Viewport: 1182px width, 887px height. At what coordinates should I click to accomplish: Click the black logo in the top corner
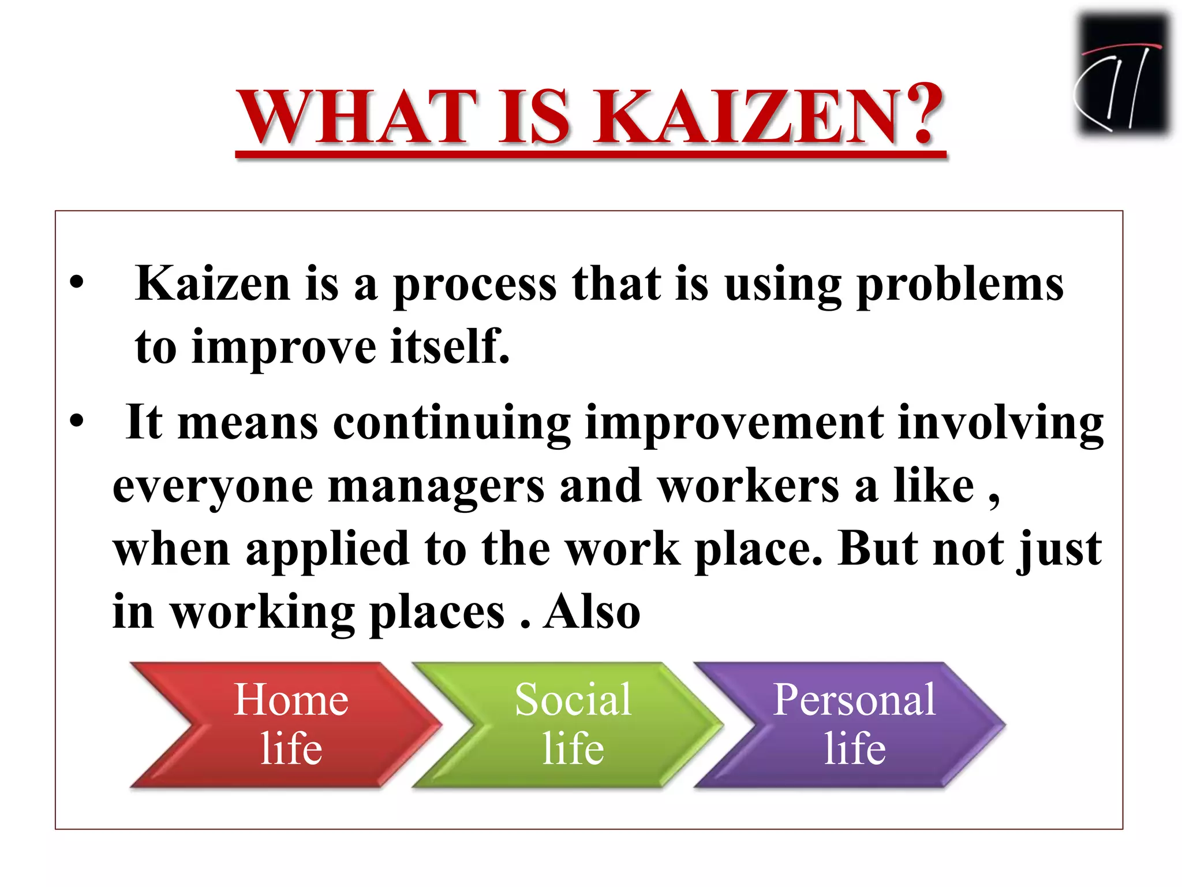(1123, 75)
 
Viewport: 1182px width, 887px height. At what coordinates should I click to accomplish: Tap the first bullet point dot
(77, 284)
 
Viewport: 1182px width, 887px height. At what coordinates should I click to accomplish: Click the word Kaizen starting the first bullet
(212, 284)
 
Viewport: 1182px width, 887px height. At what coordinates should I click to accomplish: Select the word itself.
(450, 347)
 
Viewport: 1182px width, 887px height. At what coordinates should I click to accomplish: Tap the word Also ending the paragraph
(592, 612)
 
